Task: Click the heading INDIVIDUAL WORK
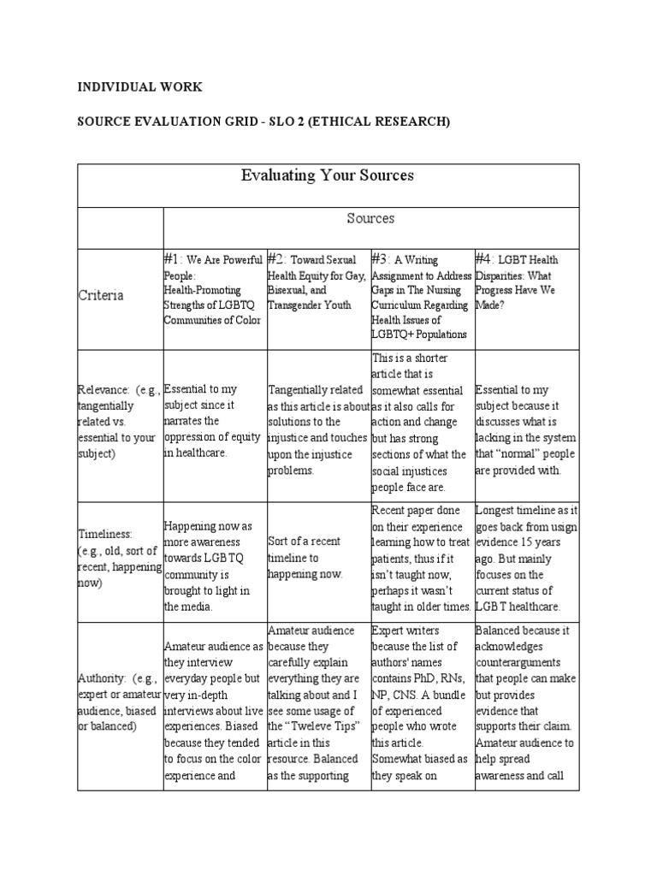(140, 87)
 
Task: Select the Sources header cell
(370, 219)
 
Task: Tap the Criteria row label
(102, 295)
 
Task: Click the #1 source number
(172, 258)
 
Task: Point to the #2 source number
(275, 258)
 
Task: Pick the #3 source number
(380, 258)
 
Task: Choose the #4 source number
(483, 258)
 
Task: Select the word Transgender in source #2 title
(299, 305)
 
